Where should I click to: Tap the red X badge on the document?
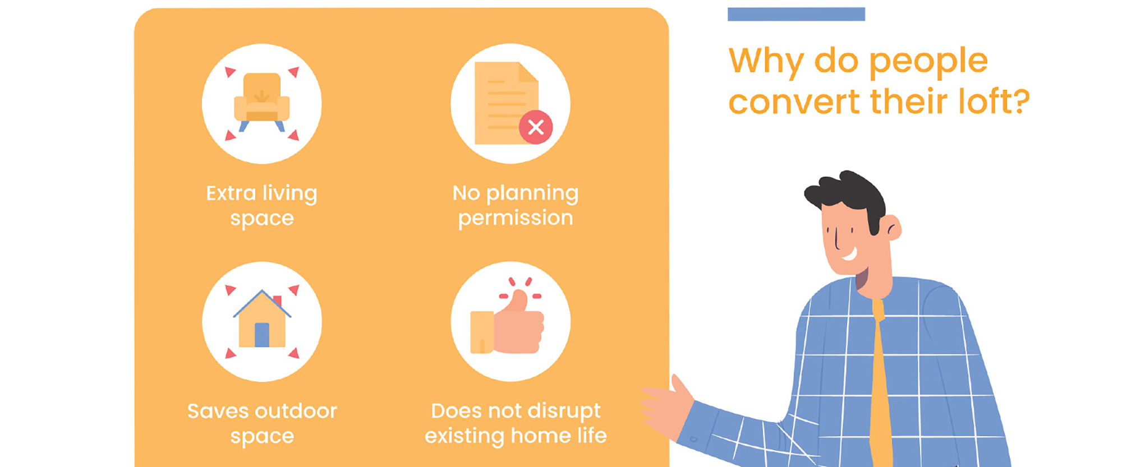click(536, 127)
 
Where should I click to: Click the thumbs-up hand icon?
click(507, 323)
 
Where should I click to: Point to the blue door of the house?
click(262, 335)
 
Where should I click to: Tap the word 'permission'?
click(516, 219)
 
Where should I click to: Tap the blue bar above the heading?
click(796, 14)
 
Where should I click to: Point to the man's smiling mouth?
click(849, 254)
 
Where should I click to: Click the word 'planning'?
click(532, 194)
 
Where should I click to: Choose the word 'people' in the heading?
click(928, 62)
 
